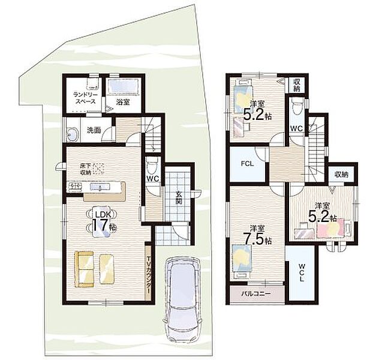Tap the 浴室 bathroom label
click(123, 102)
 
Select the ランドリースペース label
click(85, 98)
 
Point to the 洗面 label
click(94, 130)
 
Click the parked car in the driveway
click(182, 299)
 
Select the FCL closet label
click(247, 164)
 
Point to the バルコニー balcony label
click(256, 293)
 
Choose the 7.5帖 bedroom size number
click(257, 239)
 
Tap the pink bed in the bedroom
click(330, 227)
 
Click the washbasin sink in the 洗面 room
click(73, 134)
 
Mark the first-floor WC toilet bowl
click(152, 164)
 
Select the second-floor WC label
click(296, 128)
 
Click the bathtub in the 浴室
click(123, 85)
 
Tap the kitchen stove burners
click(76, 186)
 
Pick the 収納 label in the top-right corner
click(296, 85)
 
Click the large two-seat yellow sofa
click(84, 269)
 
